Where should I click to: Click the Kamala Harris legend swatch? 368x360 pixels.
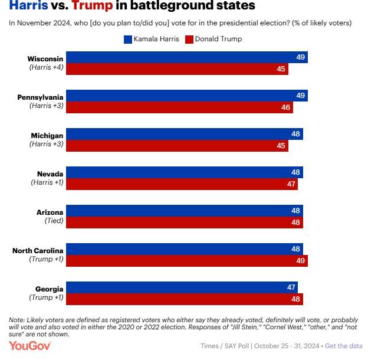pyautogui.click(x=127, y=39)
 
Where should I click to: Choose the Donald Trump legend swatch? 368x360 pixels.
pyautogui.click(x=189, y=39)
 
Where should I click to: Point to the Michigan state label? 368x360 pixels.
pyautogui.click(x=47, y=135)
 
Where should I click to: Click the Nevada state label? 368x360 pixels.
pyautogui.click(x=50, y=174)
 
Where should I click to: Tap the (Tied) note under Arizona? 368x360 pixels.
pyautogui.click(x=54, y=221)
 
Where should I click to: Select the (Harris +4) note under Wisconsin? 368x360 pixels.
pyautogui.click(x=47, y=67)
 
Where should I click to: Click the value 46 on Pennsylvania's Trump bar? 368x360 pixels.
pyautogui.click(x=285, y=108)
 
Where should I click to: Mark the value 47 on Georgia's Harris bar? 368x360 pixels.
pyautogui.click(x=291, y=287)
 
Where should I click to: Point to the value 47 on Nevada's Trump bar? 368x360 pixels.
pyautogui.click(x=291, y=184)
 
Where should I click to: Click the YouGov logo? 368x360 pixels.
pyautogui.click(x=29, y=346)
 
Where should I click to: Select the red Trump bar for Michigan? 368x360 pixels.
pyautogui.click(x=177, y=146)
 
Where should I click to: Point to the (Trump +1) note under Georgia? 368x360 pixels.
pyautogui.click(x=47, y=297)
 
